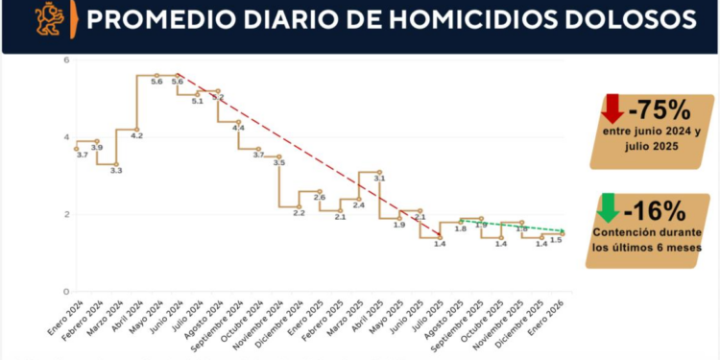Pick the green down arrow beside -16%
tap(607, 207)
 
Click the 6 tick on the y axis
tap(66, 60)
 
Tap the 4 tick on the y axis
tap(66, 136)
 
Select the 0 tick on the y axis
tap(66, 291)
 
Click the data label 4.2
tap(136, 135)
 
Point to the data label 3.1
tap(379, 178)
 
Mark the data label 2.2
tap(299, 212)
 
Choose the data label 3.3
tap(116, 170)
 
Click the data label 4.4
tap(238, 128)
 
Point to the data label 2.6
tap(319, 197)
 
